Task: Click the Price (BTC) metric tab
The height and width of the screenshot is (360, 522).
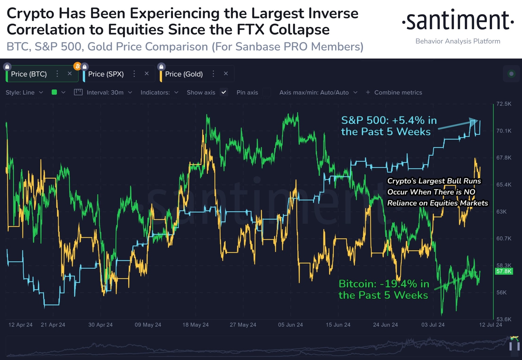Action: click(x=29, y=74)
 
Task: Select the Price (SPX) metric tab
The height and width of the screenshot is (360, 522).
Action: click(x=106, y=74)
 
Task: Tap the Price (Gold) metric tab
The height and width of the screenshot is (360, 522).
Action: click(x=184, y=74)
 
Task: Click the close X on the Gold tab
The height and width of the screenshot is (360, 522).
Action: click(x=226, y=74)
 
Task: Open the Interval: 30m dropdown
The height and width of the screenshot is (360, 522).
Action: click(x=105, y=92)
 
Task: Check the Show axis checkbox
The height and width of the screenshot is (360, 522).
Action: click(x=224, y=92)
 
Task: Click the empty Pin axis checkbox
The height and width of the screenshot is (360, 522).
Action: click(x=267, y=92)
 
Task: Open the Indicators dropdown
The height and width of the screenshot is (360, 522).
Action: click(x=159, y=92)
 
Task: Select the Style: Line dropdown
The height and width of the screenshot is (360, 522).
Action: click(x=24, y=92)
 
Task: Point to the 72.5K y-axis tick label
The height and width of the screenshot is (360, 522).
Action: click(x=504, y=104)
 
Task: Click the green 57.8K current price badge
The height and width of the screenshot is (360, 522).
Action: click(x=504, y=271)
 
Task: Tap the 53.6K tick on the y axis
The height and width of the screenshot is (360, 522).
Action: click(x=504, y=319)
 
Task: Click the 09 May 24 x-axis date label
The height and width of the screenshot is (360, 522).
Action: click(x=148, y=325)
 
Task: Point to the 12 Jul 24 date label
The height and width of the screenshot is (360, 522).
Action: click(x=490, y=325)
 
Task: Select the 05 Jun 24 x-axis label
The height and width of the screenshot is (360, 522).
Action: click(x=290, y=325)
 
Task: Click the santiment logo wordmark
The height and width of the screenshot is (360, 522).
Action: click(x=458, y=21)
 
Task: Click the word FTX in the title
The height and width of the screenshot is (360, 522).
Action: click(x=250, y=30)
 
